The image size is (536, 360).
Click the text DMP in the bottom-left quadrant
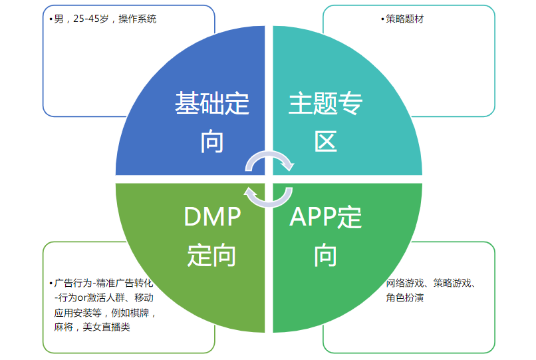pos(212,216)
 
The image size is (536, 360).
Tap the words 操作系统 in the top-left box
pos(138,19)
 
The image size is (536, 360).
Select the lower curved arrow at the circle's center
pos(269,195)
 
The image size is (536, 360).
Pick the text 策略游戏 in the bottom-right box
pos(452,283)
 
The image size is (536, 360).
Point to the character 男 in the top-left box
pos(58,19)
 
